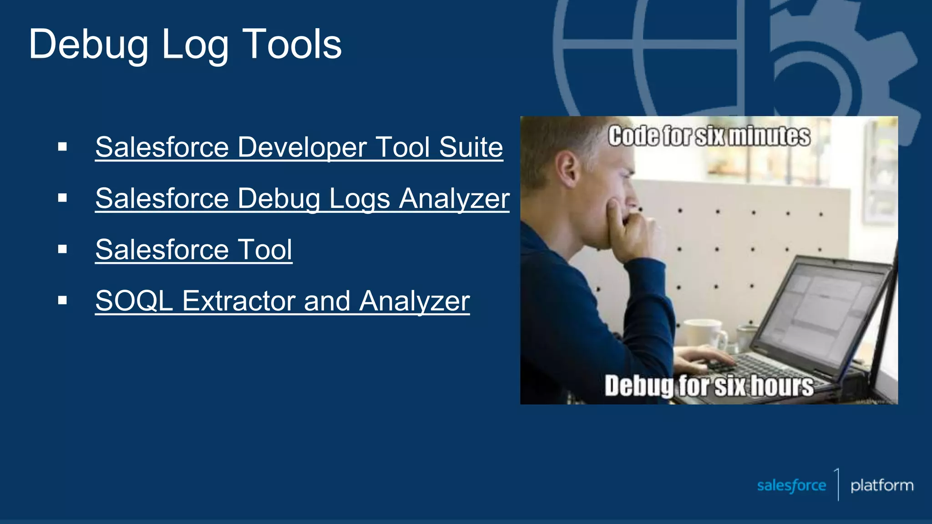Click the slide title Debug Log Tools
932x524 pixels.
(185, 45)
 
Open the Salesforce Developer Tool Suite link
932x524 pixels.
(299, 147)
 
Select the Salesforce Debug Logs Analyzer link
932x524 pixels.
(302, 199)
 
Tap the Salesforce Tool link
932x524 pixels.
(193, 250)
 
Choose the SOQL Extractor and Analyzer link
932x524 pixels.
(282, 301)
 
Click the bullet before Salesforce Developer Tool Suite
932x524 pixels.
(62, 147)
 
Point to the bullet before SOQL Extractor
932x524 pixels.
(62, 300)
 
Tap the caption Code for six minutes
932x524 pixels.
(709, 136)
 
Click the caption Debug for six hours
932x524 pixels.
(709, 386)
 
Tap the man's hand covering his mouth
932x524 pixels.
(630, 227)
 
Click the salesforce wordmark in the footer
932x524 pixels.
(791, 485)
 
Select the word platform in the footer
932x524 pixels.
(882, 485)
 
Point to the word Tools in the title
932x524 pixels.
(292, 45)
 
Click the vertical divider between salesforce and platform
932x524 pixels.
(838, 485)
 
